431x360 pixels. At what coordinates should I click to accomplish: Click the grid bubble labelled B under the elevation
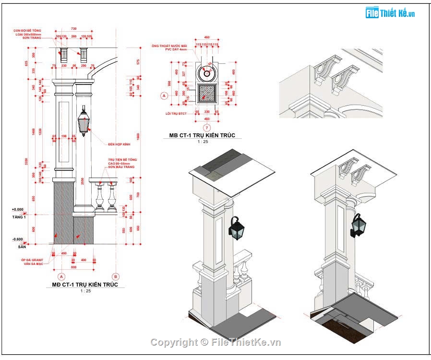(115, 276)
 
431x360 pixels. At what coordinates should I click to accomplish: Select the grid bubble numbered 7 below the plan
(207, 128)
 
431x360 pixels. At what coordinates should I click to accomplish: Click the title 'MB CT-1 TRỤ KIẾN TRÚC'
(202, 136)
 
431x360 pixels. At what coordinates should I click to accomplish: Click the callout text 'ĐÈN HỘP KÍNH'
(119, 144)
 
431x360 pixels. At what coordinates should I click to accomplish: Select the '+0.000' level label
(17, 210)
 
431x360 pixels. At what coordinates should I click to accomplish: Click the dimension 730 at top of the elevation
(73, 29)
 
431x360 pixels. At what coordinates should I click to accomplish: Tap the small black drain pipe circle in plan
(207, 73)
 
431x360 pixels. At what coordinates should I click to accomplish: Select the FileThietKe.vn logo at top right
(390, 13)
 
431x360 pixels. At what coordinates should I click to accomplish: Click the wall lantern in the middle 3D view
(236, 229)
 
